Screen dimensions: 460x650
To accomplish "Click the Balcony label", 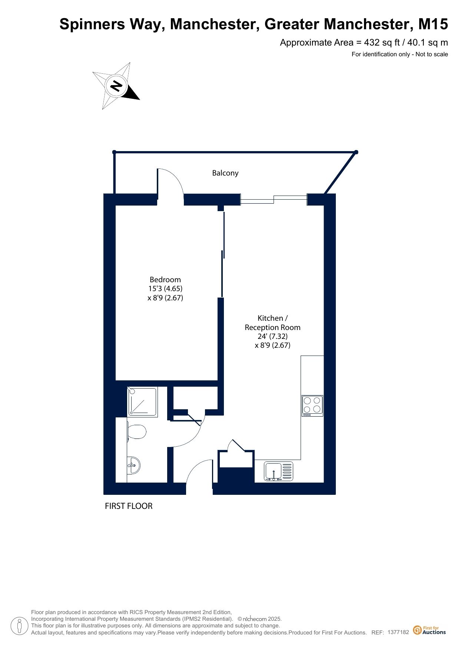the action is [x=225, y=173].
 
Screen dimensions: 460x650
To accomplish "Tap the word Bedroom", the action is [x=165, y=280].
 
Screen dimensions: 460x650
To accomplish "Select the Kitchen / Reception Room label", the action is [x=272, y=323].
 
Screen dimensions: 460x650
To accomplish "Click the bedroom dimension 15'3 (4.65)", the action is [x=165, y=289].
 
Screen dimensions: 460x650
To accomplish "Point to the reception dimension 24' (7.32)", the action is [x=272, y=336].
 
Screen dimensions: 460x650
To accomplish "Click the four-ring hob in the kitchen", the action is [x=312, y=406].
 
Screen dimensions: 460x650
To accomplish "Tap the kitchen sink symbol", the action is [x=278, y=471].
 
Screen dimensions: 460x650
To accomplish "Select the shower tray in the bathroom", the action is [x=143, y=401].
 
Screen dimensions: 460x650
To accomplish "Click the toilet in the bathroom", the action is [x=136, y=432].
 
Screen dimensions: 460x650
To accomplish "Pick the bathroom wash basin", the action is [x=133, y=465].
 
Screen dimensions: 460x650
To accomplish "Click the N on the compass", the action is [x=117, y=86].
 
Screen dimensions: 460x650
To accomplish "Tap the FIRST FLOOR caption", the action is [x=129, y=506].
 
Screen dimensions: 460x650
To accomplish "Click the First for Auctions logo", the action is [x=430, y=630].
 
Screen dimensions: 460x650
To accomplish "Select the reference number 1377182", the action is [x=398, y=632].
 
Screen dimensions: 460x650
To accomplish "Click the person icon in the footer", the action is [x=20, y=626].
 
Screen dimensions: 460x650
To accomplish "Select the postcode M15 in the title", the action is [x=433, y=24].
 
